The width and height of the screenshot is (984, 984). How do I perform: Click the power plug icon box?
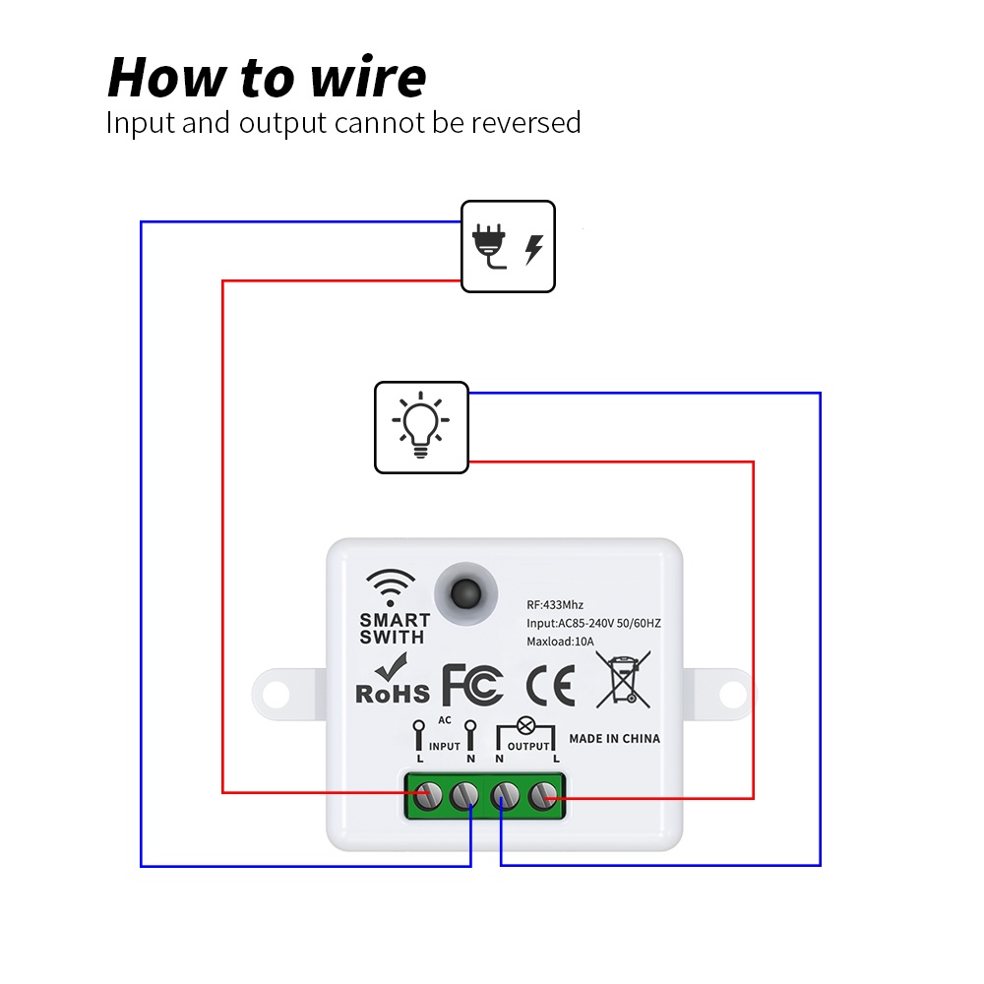(x=508, y=246)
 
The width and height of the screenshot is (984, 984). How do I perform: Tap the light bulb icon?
(x=421, y=426)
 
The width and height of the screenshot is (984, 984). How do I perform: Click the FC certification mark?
(x=473, y=685)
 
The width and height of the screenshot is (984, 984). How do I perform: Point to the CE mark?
(x=550, y=686)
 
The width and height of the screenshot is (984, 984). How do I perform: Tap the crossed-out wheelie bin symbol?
(x=624, y=680)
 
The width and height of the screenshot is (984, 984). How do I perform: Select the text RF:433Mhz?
(x=555, y=605)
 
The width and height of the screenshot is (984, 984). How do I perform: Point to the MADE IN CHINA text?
(x=615, y=738)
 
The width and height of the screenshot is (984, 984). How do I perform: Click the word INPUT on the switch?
(x=445, y=747)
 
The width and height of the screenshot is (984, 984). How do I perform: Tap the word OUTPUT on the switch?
(x=527, y=747)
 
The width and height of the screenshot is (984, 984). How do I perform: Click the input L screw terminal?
(x=427, y=795)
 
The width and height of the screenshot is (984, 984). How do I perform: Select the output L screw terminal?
(x=541, y=795)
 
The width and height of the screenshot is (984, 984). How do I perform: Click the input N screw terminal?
(x=464, y=795)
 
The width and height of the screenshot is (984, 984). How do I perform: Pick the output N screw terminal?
(x=504, y=795)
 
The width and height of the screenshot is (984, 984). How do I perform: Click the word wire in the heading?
(x=368, y=78)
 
